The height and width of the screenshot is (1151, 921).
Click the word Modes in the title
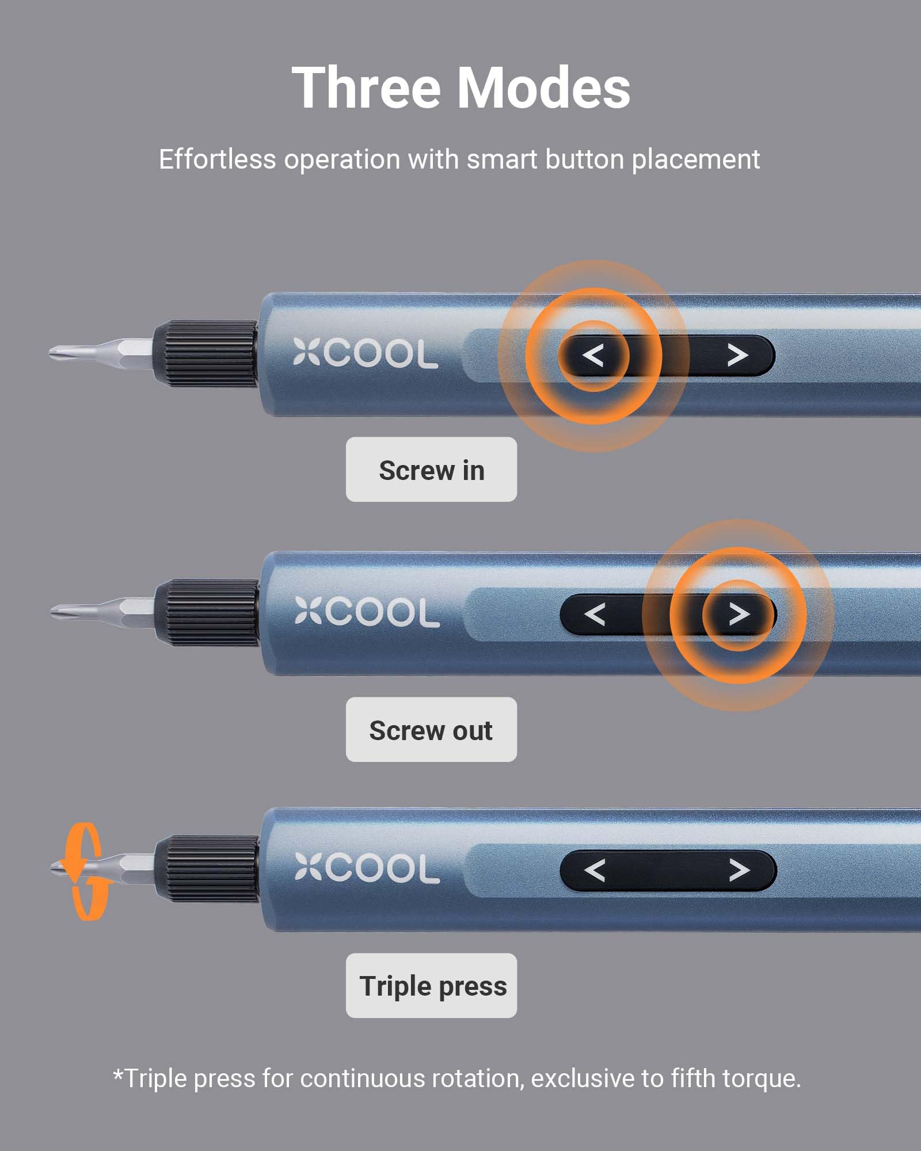point(543,87)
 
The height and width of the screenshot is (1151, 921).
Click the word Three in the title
point(367,87)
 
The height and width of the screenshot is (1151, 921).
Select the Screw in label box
point(431,470)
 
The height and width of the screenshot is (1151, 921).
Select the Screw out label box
point(431,730)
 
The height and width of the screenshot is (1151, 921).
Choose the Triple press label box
point(431,986)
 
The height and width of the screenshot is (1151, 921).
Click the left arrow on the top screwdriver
point(593,356)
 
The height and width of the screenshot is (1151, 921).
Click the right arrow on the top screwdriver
point(737,356)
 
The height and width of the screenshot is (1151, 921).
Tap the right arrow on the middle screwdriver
point(739,615)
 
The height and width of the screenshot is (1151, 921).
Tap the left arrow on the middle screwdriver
point(595,615)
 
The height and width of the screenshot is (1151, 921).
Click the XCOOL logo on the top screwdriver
point(366,353)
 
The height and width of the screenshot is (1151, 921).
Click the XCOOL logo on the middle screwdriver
point(367,612)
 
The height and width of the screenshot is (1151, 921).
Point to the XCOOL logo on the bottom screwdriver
point(367,868)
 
